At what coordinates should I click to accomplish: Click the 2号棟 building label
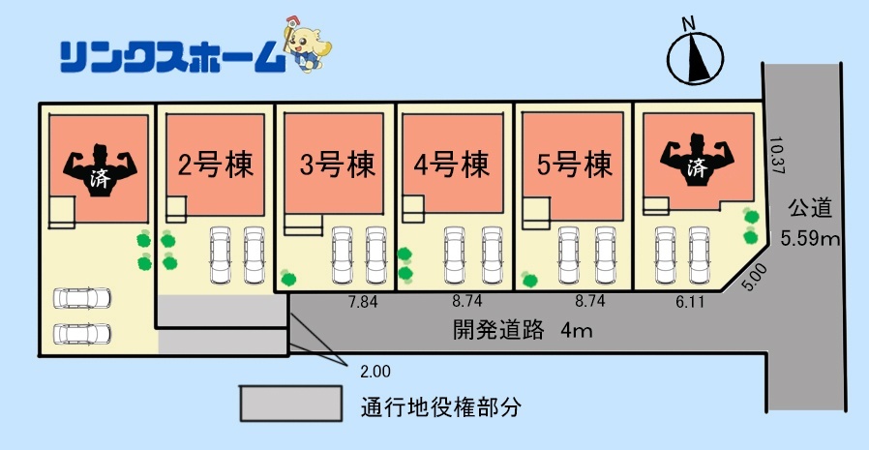pyautogui.click(x=216, y=165)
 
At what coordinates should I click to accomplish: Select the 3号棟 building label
pyautogui.click(x=338, y=165)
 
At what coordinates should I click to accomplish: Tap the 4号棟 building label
pyautogui.click(x=452, y=165)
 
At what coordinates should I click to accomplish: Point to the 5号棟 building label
pyautogui.click(x=575, y=165)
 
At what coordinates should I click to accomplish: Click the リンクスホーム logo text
pyautogui.click(x=172, y=58)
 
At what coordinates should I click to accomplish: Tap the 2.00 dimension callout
pyautogui.click(x=375, y=372)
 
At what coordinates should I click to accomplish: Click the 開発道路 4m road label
pyautogui.click(x=523, y=331)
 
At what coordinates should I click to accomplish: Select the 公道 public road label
pyautogui.click(x=810, y=209)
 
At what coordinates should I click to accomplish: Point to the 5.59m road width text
pyautogui.click(x=810, y=239)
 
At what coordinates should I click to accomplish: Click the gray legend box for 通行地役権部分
pyautogui.click(x=291, y=404)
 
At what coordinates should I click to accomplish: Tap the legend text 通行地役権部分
pyautogui.click(x=441, y=408)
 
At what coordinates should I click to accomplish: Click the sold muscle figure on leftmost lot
pyautogui.click(x=100, y=169)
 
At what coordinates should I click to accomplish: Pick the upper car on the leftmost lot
pyautogui.click(x=82, y=298)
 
